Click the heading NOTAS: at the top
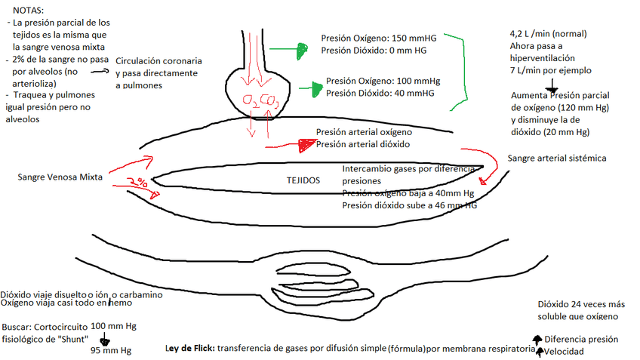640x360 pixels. [29, 13]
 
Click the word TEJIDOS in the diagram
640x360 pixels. [303, 181]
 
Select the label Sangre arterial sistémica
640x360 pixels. [557, 158]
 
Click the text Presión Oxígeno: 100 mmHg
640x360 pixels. [383, 81]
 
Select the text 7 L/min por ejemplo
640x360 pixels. [551, 70]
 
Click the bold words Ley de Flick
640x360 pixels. [189, 349]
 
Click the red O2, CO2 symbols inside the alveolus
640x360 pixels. [257, 100]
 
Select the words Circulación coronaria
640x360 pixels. [158, 60]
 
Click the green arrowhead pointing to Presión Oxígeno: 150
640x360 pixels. [301, 50]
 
